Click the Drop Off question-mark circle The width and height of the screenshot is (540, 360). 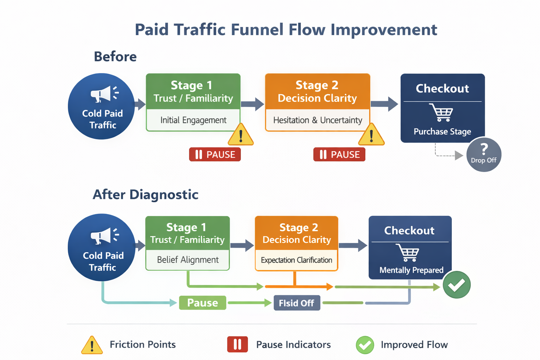click(484, 155)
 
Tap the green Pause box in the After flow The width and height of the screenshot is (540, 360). click(202, 303)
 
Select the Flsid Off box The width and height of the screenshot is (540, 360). click(297, 303)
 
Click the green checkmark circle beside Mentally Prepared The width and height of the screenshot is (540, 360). click(456, 285)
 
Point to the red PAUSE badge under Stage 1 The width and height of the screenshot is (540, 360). click(215, 154)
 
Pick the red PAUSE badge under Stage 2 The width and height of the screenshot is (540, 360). click(339, 154)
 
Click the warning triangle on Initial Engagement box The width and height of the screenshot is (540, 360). click(240, 135)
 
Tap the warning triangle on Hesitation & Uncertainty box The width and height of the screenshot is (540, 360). click(371, 135)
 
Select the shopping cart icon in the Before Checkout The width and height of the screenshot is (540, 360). click(442, 112)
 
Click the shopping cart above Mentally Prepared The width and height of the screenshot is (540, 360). click(408, 252)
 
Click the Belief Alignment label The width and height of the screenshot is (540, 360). click(188, 260)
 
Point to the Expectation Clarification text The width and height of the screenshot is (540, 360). click(296, 260)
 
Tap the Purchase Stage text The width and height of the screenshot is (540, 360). click(442, 131)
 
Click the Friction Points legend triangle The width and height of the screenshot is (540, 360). click(92, 345)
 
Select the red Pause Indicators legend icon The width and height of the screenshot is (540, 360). click(237, 344)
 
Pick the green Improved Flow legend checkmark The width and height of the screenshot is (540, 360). click(365, 345)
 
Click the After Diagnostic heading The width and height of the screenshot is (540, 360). click(146, 194)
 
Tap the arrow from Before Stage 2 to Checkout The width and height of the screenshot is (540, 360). click(385, 104)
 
